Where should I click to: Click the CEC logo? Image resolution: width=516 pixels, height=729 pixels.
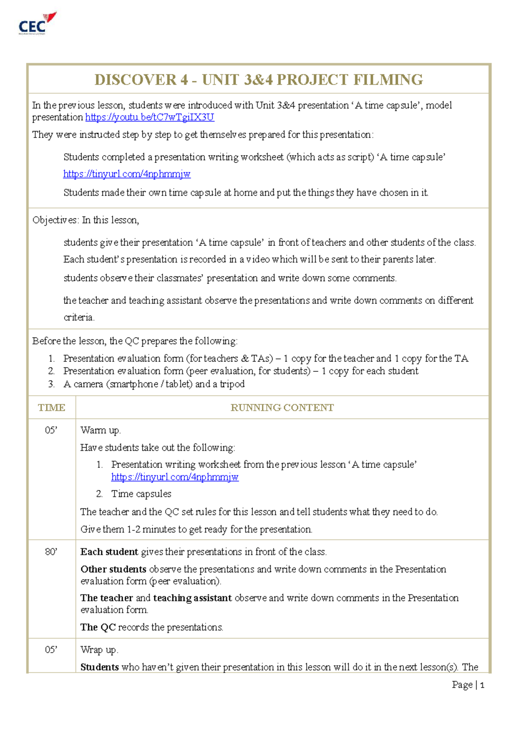click(x=37, y=24)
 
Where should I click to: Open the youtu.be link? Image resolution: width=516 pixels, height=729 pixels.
click(x=149, y=117)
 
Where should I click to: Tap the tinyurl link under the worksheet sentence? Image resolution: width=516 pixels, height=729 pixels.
click(x=127, y=174)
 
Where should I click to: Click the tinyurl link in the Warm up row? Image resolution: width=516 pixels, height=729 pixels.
click(x=175, y=477)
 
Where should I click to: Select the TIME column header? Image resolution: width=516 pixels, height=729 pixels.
click(x=52, y=407)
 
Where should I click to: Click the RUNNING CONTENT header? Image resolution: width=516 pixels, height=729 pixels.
click(x=282, y=407)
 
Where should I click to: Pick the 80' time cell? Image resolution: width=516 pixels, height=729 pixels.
click(x=51, y=552)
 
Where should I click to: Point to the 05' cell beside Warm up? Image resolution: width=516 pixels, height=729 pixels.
click(x=51, y=430)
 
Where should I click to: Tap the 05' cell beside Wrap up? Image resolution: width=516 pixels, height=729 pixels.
click(x=51, y=650)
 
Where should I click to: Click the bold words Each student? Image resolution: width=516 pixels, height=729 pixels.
click(x=109, y=552)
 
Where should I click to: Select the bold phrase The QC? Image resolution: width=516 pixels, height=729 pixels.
click(x=98, y=628)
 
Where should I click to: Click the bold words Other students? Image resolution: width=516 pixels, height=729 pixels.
click(x=114, y=570)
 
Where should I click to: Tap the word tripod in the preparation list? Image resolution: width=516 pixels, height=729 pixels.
click(x=232, y=384)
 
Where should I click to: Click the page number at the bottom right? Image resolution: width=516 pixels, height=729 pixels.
click(x=482, y=685)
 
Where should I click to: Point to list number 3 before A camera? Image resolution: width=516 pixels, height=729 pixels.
click(x=51, y=384)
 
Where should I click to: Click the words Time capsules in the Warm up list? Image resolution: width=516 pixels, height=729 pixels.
click(x=141, y=494)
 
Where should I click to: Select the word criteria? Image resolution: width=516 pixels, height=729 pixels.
click(x=78, y=318)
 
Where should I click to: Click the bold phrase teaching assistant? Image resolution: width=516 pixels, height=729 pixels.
click(x=192, y=598)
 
